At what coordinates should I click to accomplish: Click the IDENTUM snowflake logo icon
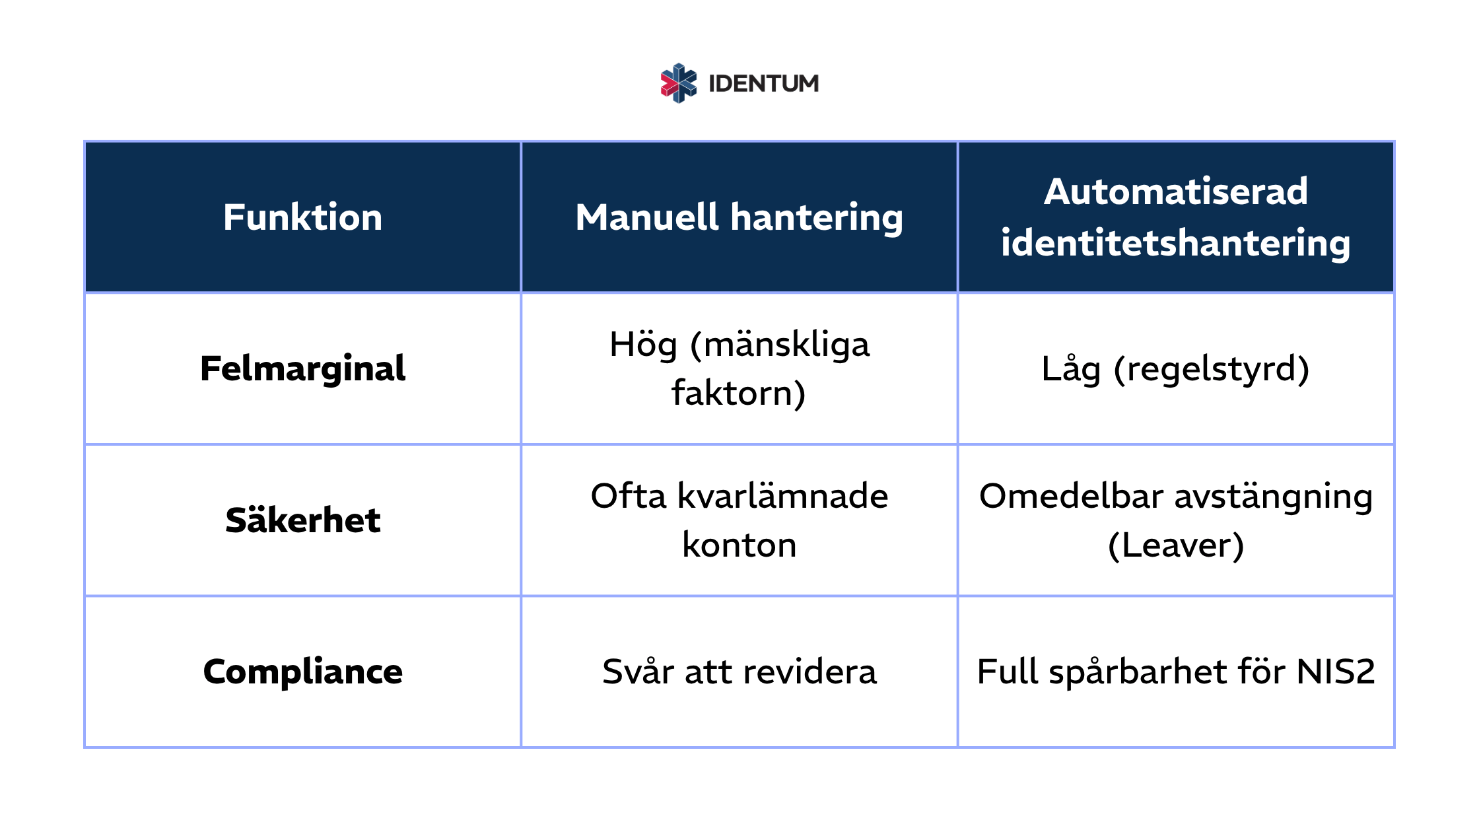tap(679, 83)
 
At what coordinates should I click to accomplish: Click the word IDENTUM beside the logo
tap(763, 84)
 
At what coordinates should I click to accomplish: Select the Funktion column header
tap(302, 217)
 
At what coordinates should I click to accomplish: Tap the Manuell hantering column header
tap(739, 217)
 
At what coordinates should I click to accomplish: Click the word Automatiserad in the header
tap(1175, 191)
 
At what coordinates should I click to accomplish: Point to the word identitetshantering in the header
tap(1175, 243)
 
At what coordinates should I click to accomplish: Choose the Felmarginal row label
tap(302, 368)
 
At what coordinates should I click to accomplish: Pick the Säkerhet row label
tap(302, 520)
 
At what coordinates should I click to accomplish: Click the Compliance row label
tap(302, 672)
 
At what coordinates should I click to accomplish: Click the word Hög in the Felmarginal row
tap(644, 345)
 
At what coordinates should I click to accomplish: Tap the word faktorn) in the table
tap(739, 394)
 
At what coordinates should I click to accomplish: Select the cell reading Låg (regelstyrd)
tap(1175, 368)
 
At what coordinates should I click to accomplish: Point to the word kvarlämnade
tap(782, 496)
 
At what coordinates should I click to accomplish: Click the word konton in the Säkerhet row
tap(739, 545)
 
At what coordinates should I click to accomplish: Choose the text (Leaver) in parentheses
tap(1175, 545)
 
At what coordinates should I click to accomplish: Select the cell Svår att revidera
tap(739, 672)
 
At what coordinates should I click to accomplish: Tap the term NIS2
tap(1335, 672)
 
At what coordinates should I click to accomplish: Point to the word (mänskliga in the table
tap(780, 345)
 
